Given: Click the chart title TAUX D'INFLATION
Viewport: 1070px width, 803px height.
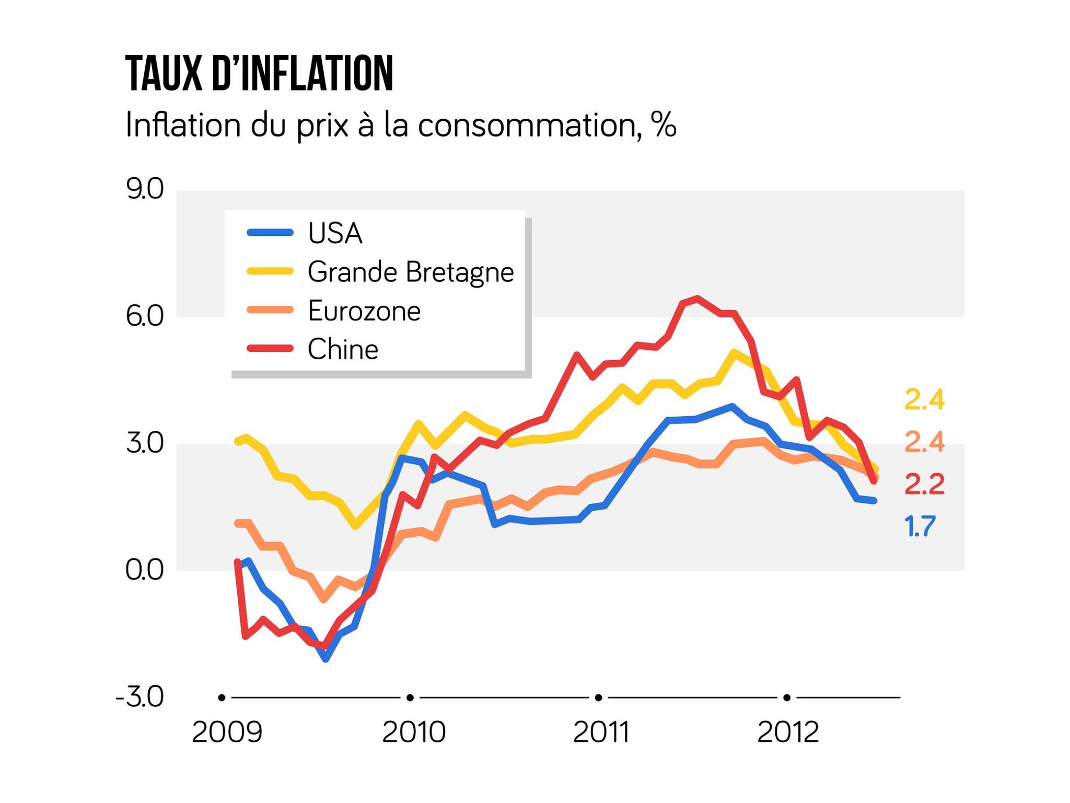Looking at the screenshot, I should (259, 74).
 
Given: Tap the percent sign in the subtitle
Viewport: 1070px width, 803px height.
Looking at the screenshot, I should (664, 125).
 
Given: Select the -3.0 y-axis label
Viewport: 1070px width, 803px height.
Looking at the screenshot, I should (140, 697).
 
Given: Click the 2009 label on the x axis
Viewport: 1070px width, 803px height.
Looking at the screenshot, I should (227, 732).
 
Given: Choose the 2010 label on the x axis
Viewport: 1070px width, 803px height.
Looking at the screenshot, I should (414, 732).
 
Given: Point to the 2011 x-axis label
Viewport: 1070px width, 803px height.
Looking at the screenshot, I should (601, 732).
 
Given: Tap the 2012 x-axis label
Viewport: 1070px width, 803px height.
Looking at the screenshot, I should (788, 732).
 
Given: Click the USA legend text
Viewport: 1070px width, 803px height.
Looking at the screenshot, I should (335, 233).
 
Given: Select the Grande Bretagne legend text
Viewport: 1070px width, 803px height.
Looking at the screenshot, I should (411, 272).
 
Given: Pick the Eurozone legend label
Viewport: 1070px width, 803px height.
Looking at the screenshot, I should (364, 311).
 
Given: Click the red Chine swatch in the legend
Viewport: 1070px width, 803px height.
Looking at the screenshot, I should (270, 349).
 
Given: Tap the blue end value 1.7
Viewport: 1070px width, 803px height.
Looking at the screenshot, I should (920, 526).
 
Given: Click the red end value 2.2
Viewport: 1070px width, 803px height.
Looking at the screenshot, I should (924, 484).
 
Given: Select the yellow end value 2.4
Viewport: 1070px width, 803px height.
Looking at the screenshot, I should (924, 400).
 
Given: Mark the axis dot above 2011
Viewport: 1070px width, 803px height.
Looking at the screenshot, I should (599, 697).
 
